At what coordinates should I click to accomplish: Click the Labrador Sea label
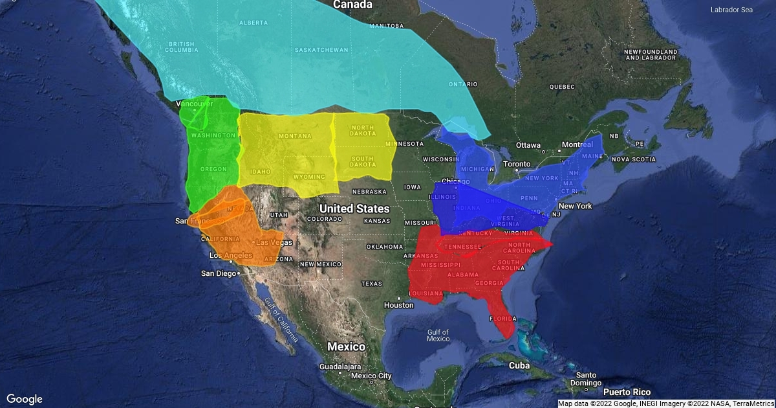[731, 10]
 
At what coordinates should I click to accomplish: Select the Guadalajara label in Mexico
[339, 366]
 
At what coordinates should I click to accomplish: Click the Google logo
[25, 399]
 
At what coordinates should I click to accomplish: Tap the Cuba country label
[519, 366]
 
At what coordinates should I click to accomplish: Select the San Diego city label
[219, 273]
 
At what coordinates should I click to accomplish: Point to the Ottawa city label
[528, 145]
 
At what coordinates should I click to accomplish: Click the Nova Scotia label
[634, 159]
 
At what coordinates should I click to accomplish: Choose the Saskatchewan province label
[321, 50]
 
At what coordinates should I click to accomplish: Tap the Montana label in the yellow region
[295, 136]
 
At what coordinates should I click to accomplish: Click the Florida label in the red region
[503, 319]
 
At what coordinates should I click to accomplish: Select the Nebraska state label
[369, 192]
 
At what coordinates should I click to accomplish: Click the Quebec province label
[562, 86]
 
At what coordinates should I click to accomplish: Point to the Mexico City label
[371, 376]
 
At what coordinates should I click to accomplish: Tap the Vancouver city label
[194, 104]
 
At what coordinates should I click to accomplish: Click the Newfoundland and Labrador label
[651, 54]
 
